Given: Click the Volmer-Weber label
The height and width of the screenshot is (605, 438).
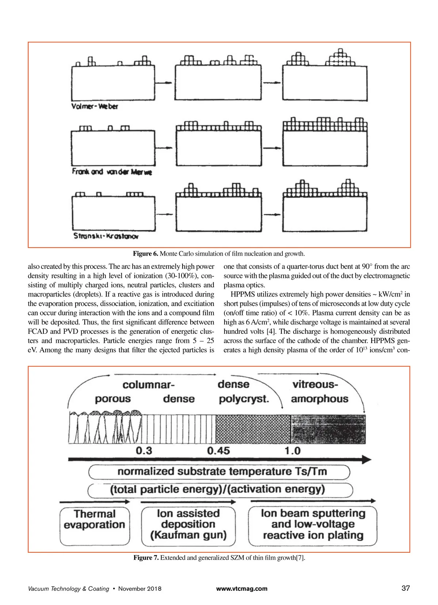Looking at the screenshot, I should click(95, 106).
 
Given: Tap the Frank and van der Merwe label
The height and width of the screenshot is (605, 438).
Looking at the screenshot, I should click(112, 172).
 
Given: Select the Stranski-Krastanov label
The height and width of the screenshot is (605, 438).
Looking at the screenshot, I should click(106, 236).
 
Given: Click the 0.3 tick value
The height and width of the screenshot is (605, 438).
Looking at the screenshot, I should click(144, 450).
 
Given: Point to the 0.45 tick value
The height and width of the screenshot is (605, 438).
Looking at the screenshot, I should click(218, 450).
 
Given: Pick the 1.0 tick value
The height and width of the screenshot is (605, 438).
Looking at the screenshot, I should click(292, 450).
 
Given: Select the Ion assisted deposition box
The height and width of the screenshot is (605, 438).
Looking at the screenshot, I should click(188, 524).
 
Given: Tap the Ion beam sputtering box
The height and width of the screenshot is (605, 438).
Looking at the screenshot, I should click(313, 524).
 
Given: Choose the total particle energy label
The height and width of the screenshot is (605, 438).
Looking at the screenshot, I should click(218, 489).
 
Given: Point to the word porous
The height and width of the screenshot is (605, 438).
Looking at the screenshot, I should click(113, 399).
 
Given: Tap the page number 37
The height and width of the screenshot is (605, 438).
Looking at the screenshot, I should click(406, 588).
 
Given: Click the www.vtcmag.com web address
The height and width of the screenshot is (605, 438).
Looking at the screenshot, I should click(242, 589).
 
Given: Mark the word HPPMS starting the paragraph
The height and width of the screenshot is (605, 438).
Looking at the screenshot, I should click(244, 294).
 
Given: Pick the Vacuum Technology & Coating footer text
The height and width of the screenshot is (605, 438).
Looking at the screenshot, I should click(69, 589).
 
